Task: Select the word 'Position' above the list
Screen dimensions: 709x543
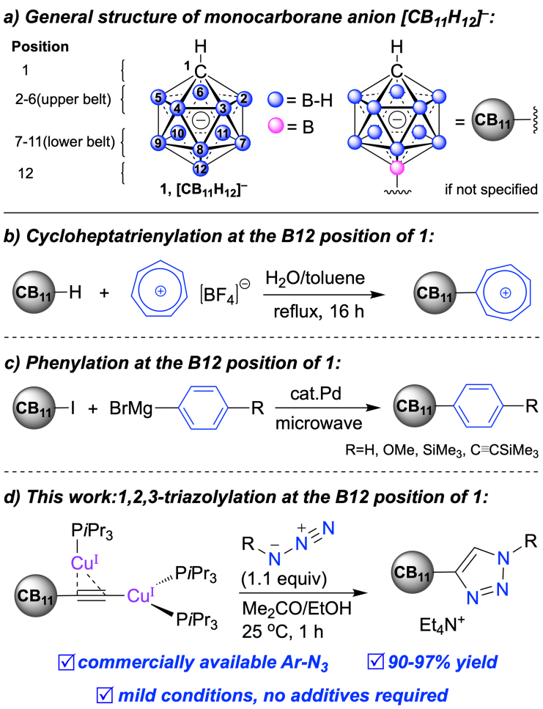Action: tap(41, 48)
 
